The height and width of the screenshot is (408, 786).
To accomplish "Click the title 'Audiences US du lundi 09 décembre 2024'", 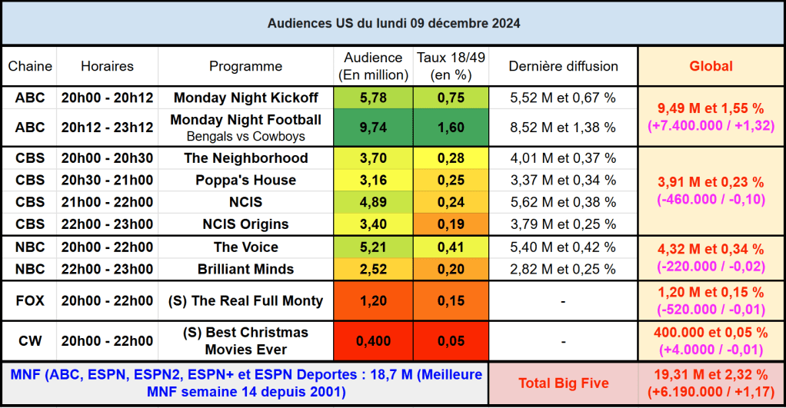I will click(393, 23).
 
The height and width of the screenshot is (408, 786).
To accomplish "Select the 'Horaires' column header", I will click(107, 66).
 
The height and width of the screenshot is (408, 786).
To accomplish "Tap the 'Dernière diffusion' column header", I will click(563, 66).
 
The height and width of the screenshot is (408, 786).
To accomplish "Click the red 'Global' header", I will click(710, 66).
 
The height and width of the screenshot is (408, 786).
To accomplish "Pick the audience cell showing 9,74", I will click(373, 128).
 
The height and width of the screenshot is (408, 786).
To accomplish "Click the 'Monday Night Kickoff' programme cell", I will click(245, 98).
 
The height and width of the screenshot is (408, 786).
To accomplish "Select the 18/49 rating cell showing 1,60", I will click(450, 128).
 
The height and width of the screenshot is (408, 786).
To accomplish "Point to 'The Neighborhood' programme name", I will click(245, 158).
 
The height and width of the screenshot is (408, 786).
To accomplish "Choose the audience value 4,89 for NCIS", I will click(373, 203).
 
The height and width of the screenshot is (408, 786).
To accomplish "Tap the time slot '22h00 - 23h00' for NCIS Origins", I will click(107, 224).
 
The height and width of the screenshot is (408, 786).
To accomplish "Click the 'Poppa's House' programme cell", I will click(245, 181).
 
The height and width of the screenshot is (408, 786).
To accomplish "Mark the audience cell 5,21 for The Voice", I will click(373, 247).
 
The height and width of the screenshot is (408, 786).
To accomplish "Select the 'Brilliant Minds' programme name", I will click(245, 269).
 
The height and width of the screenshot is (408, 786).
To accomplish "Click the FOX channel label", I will click(30, 301).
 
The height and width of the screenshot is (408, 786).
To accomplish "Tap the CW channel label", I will click(30, 341).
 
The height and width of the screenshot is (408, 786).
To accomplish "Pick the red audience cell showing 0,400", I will click(373, 341).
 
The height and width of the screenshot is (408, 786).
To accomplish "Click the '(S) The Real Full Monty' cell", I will click(245, 301).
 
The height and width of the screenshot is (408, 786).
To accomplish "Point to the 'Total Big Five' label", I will click(563, 383).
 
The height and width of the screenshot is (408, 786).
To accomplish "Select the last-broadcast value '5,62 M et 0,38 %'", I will click(563, 203).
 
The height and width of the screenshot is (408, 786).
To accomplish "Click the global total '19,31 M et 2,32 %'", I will click(710, 375).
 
